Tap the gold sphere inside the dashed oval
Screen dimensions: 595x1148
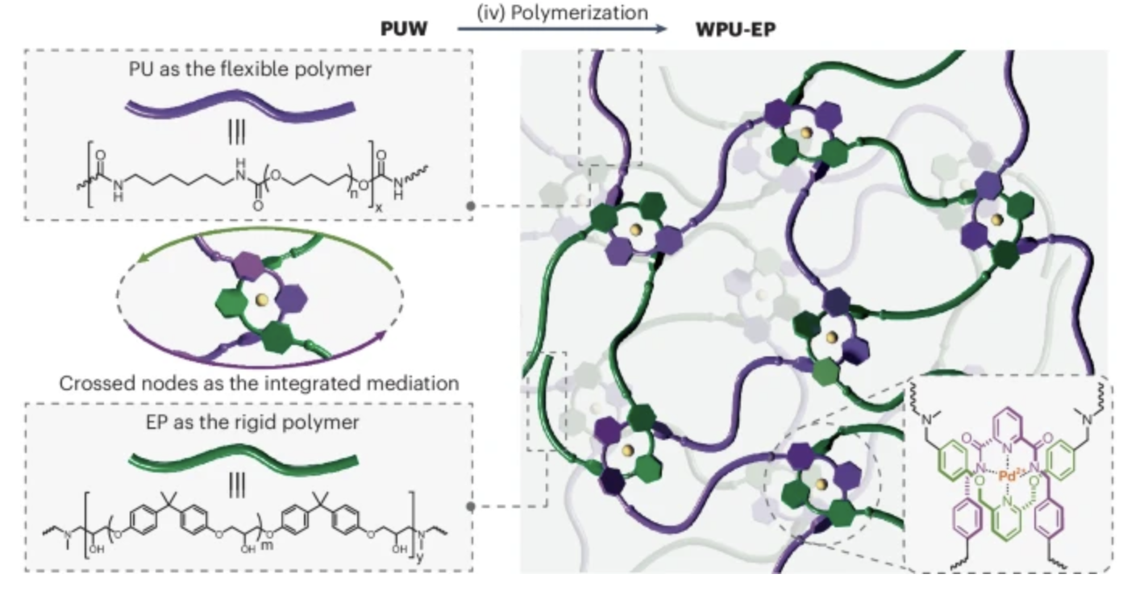(260, 300)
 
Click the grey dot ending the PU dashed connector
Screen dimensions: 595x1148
(471, 206)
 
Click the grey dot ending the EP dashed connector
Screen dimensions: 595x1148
(471, 507)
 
